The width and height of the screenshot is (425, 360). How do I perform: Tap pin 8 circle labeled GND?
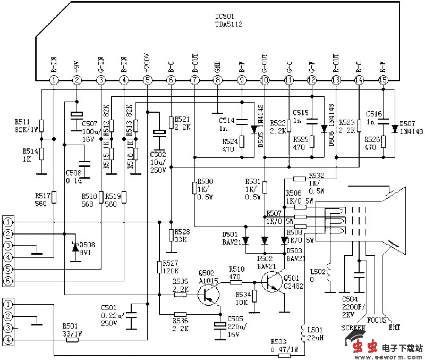click(217, 80)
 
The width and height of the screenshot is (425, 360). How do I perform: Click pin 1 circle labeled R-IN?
click(53, 80)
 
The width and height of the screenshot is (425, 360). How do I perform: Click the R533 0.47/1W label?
click(284, 345)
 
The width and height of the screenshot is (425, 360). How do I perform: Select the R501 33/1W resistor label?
click(72, 329)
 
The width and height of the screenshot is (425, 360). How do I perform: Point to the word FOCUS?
click(377, 320)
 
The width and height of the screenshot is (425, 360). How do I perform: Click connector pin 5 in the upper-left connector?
click(8, 280)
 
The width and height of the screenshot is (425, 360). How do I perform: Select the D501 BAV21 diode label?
click(231, 238)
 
